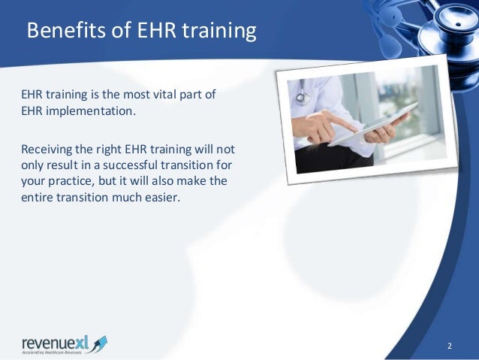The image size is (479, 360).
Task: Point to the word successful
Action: [x=119, y=166]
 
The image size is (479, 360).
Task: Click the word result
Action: [x=64, y=166]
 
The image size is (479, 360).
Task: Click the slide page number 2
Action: [x=449, y=346]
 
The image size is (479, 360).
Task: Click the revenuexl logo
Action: [x=64, y=343]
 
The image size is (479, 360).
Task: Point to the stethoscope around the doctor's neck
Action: [x=303, y=97]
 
